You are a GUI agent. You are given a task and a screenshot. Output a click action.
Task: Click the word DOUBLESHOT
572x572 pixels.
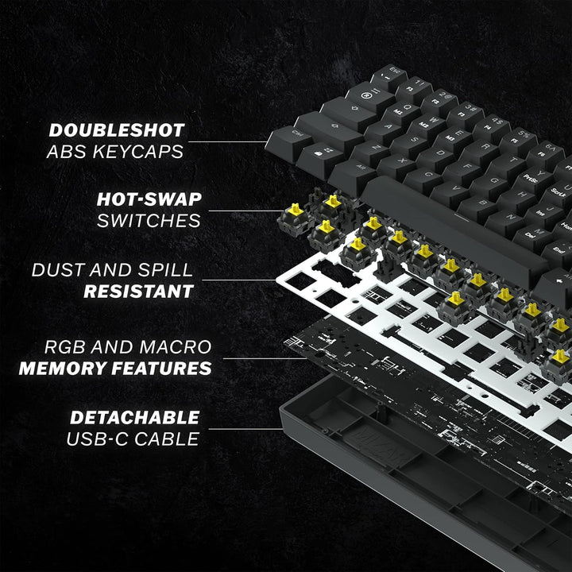[116, 130]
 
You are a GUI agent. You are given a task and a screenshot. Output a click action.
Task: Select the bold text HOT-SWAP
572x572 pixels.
[149, 199]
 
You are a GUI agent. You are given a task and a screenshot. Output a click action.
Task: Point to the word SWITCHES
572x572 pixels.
[149, 220]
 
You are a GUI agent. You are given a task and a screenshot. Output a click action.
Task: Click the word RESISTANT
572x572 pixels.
[138, 291]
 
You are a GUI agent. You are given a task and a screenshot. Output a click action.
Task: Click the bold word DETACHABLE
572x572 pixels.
[134, 417]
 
